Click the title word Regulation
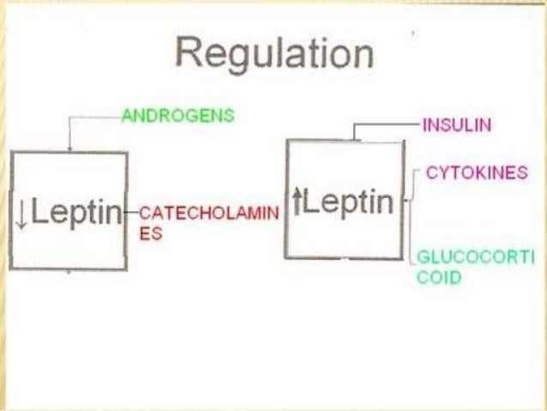coord(274,54)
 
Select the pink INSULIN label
coord(457,126)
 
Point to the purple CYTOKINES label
coord(476,173)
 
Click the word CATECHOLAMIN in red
coord(209,214)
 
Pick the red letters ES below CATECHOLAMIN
coord(149,233)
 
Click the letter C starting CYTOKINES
coord(431,173)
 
